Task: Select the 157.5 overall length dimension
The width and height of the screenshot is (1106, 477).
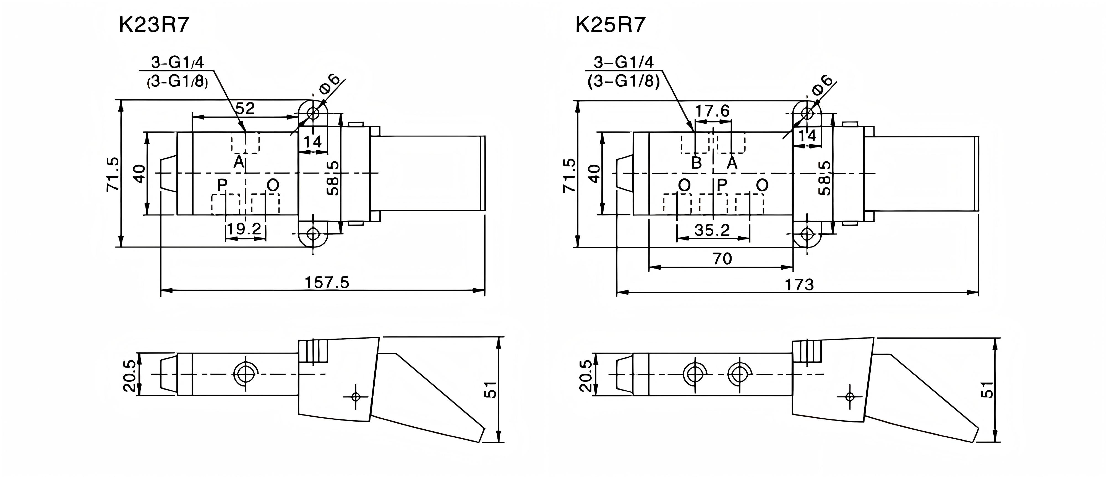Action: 327,282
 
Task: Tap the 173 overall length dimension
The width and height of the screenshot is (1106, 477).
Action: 799,285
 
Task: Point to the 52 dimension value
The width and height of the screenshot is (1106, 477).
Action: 245,108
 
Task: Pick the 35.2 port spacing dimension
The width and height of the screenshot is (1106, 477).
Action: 712,230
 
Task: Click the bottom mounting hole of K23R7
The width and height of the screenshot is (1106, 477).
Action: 314,234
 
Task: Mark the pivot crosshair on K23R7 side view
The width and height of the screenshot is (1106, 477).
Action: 356,396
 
